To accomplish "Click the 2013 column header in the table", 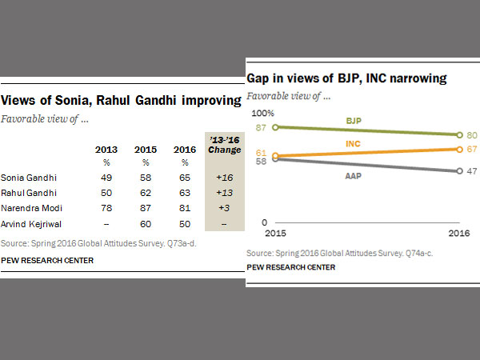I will (106, 149).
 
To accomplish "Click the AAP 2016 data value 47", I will (471, 170).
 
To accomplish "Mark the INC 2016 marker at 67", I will (458, 149).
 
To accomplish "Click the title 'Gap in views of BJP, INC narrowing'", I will (346, 78).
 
